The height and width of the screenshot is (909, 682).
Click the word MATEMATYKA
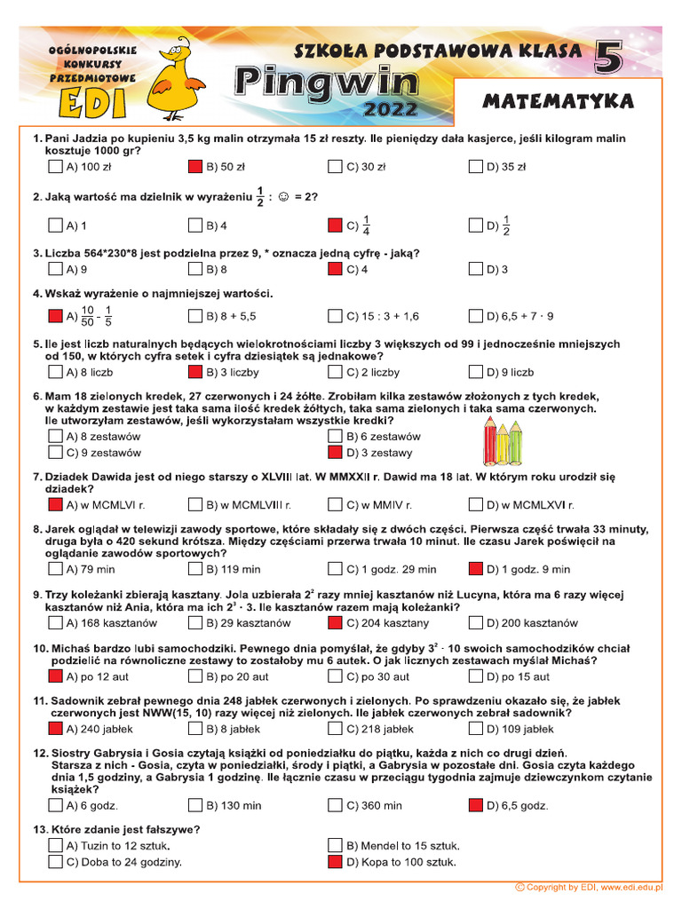coord(558,102)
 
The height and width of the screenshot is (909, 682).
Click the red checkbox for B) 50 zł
coord(195,166)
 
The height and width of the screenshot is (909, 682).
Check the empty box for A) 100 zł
coord(55,166)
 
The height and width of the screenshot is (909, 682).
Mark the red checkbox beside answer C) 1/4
coord(335,225)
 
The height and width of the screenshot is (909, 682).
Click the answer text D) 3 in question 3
coord(497,269)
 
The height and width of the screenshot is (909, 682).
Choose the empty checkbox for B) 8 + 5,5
coord(195,315)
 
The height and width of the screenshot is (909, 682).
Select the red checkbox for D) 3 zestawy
coord(335,453)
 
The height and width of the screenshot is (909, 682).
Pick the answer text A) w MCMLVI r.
coord(107,505)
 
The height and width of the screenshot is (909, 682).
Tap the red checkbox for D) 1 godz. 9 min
coord(475,569)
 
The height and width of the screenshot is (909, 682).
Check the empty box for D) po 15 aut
coord(475,677)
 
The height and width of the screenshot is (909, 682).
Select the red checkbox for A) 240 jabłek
coord(55,730)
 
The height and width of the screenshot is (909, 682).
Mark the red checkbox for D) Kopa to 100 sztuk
coord(335,862)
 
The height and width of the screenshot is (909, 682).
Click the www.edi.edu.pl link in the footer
coord(631,887)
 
